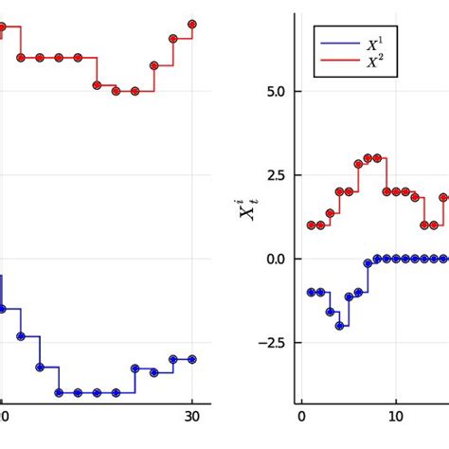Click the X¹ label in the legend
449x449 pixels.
[374, 44]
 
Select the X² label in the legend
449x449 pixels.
[374, 63]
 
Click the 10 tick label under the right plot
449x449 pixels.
[396, 416]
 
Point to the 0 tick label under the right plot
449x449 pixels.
[301, 416]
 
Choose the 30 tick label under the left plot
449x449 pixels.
[192, 416]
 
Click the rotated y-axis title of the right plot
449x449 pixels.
[247, 208]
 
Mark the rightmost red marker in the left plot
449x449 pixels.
[192, 24]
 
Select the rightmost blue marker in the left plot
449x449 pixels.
[192, 359]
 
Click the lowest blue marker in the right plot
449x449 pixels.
[339, 326]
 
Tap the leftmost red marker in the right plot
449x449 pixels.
[311, 225]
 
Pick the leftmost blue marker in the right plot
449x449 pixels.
[311, 293]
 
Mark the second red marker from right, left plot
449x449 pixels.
[173, 39]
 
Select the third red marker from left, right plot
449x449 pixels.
[330, 214]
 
